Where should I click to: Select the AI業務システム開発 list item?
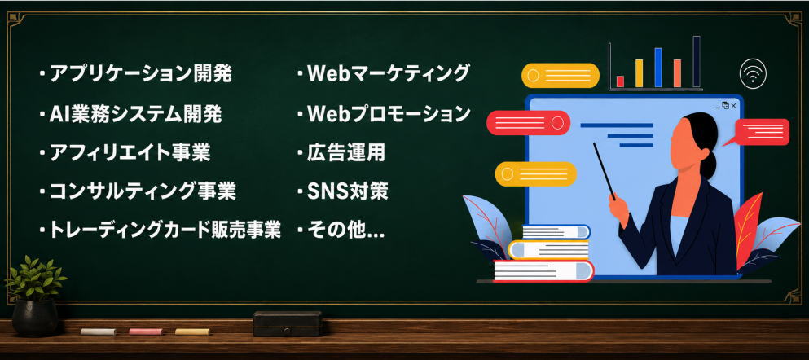[x=136, y=114]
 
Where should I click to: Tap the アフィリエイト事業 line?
[x=130, y=153]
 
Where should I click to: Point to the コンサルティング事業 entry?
[x=143, y=192]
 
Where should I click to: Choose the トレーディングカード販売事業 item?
[x=165, y=230]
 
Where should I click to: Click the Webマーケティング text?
[x=389, y=73]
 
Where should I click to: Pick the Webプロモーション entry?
[x=389, y=114]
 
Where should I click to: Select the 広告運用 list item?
[x=346, y=152]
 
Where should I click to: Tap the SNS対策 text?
[x=348, y=192]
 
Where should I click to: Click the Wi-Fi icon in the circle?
[x=753, y=74]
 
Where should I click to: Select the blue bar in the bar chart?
[x=657, y=68]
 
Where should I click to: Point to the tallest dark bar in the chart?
[x=696, y=61]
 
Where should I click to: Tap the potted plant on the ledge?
[x=35, y=296]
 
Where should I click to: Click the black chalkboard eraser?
[x=288, y=324]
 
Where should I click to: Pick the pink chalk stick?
[x=146, y=331]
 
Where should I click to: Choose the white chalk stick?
[x=98, y=331]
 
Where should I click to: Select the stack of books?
[x=543, y=253]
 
